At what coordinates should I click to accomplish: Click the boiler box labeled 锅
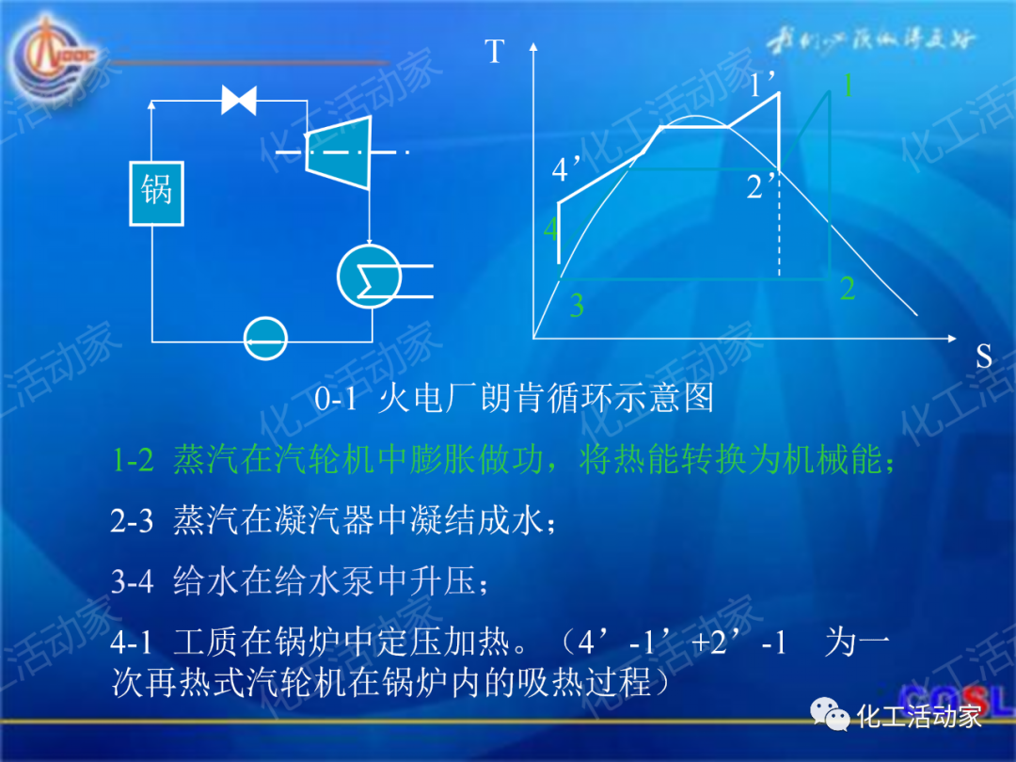(156, 192)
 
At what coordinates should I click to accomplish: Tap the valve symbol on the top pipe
(239, 100)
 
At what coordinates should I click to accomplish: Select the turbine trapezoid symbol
(339, 150)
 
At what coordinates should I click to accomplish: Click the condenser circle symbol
(370, 276)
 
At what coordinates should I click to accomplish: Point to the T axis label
(495, 51)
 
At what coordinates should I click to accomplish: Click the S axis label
(983, 356)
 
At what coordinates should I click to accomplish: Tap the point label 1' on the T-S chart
(764, 87)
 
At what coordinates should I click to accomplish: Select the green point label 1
(847, 86)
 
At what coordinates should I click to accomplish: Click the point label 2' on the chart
(762, 186)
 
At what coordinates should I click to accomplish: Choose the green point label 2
(847, 289)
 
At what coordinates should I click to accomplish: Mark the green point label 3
(577, 305)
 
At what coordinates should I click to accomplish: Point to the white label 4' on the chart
(567, 170)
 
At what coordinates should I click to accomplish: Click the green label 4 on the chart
(550, 229)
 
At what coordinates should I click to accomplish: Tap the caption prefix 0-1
(336, 399)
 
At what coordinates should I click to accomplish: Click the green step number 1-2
(133, 461)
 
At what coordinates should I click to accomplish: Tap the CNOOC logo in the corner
(53, 61)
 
